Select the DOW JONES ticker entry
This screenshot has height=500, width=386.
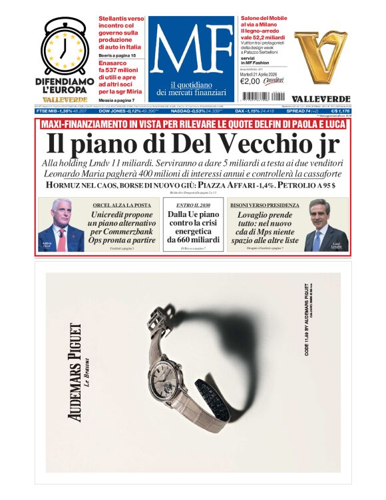point(123,111)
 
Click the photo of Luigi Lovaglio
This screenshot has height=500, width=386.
point(325,228)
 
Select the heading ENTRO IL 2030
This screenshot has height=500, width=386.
point(194,205)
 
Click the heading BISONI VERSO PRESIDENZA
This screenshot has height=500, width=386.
point(260,205)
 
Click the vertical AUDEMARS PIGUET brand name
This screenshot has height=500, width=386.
point(76,372)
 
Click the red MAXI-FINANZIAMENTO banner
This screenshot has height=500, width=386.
point(192,125)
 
